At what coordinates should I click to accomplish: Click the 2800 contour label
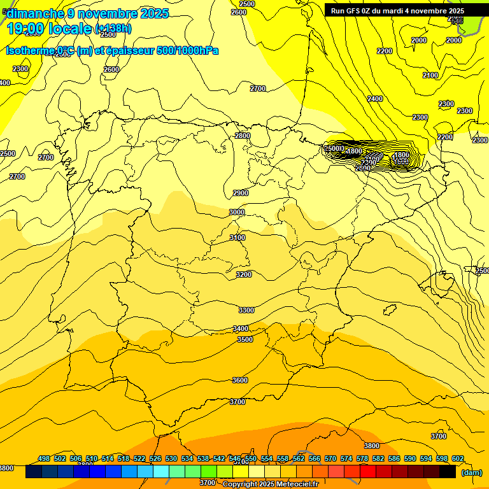point(243,136)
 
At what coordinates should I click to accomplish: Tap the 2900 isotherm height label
point(241,193)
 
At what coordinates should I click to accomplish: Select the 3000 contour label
point(237,212)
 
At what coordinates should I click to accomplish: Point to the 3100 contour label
point(237,237)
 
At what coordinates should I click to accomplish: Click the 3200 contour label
point(244,274)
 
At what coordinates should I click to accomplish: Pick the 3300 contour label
point(246,310)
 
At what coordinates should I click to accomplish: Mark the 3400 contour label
point(241,329)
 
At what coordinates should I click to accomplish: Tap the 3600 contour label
point(240,380)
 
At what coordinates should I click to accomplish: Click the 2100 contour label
point(430,75)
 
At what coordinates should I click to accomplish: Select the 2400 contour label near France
point(375,99)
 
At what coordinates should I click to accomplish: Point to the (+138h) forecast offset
point(113,29)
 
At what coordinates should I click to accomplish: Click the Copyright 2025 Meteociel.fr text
point(270,484)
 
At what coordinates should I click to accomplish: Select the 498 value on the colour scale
point(44,458)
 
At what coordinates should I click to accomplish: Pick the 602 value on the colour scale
point(458,458)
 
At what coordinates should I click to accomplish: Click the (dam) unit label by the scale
point(471,472)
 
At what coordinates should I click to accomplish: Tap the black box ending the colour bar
point(448,472)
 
